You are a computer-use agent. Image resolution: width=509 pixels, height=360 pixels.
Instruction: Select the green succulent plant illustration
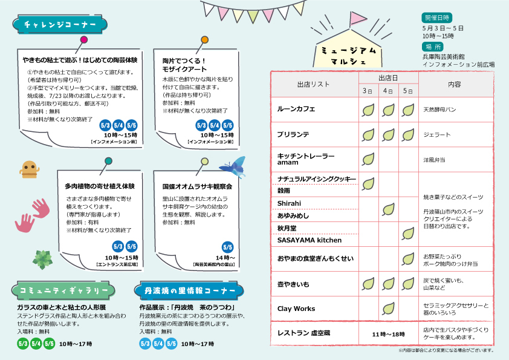pos(42,259)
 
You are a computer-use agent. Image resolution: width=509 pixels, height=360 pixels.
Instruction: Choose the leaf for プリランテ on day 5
pos(408,134)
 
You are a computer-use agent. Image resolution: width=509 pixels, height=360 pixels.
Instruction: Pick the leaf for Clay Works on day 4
pos(388,308)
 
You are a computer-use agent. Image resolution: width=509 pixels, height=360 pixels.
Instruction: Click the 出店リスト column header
pos(314,84)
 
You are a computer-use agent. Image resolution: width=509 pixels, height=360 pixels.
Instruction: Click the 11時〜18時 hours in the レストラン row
pos(388,334)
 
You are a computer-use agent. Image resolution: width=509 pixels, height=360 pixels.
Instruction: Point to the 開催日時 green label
pos(437,17)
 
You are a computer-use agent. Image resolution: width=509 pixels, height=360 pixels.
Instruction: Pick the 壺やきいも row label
pos(293,283)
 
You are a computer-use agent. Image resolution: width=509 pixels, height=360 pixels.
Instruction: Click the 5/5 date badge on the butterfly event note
pos(228,247)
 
